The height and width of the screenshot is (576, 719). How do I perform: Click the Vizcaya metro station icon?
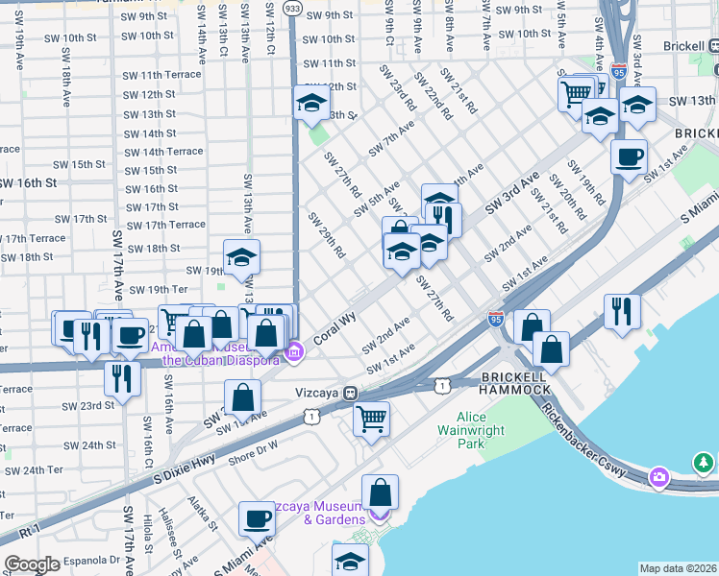[x=353, y=393]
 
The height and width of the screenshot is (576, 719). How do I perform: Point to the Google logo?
[x=32, y=564]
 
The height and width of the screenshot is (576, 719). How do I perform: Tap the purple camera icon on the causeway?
[x=659, y=476]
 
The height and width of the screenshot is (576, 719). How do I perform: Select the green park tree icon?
[x=705, y=464]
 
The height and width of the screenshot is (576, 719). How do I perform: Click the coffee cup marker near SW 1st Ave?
[x=629, y=156]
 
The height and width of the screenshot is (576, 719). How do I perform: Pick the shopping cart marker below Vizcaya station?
[x=371, y=418]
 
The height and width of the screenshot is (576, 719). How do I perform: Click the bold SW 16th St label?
[x=29, y=181]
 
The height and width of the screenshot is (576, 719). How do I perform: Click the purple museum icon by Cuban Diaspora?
[x=294, y=352]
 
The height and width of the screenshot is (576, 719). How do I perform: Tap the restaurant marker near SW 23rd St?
[x=122, y=376]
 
